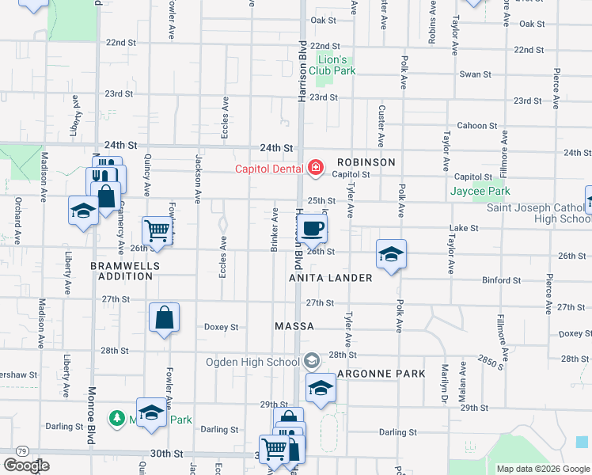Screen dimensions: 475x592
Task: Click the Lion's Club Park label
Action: coord(332,65)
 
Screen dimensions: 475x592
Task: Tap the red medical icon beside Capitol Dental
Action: coord(316,167)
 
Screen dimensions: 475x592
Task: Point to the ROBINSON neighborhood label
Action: coord(364,161)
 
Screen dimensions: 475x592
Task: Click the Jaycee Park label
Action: coord(480,192)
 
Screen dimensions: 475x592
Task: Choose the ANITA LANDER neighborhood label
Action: coord(331,278)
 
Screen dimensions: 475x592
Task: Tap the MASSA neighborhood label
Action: coord(294,326)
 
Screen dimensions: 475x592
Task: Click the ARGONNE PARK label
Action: coord(381,373)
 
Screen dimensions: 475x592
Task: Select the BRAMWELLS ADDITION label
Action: coord(121,271)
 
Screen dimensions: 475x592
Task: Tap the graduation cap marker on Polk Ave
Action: coord(391,255)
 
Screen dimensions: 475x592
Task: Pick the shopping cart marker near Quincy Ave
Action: coord(157,231)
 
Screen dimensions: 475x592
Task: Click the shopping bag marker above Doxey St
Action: coord(164,318)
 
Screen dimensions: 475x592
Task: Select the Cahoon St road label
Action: coord(477,126)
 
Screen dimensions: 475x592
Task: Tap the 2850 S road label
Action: coord(491,359)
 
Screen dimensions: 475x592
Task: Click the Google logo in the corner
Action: coord(27,465)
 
